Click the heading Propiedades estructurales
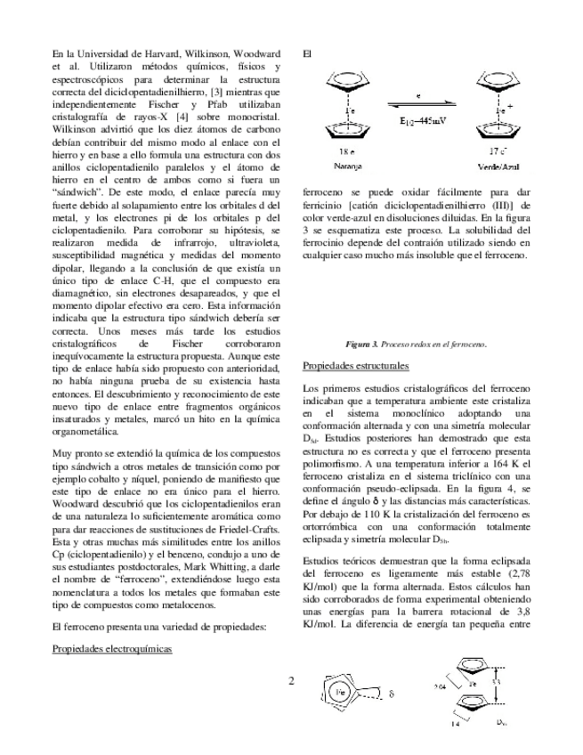pyautogui.click(x=355, y=366)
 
